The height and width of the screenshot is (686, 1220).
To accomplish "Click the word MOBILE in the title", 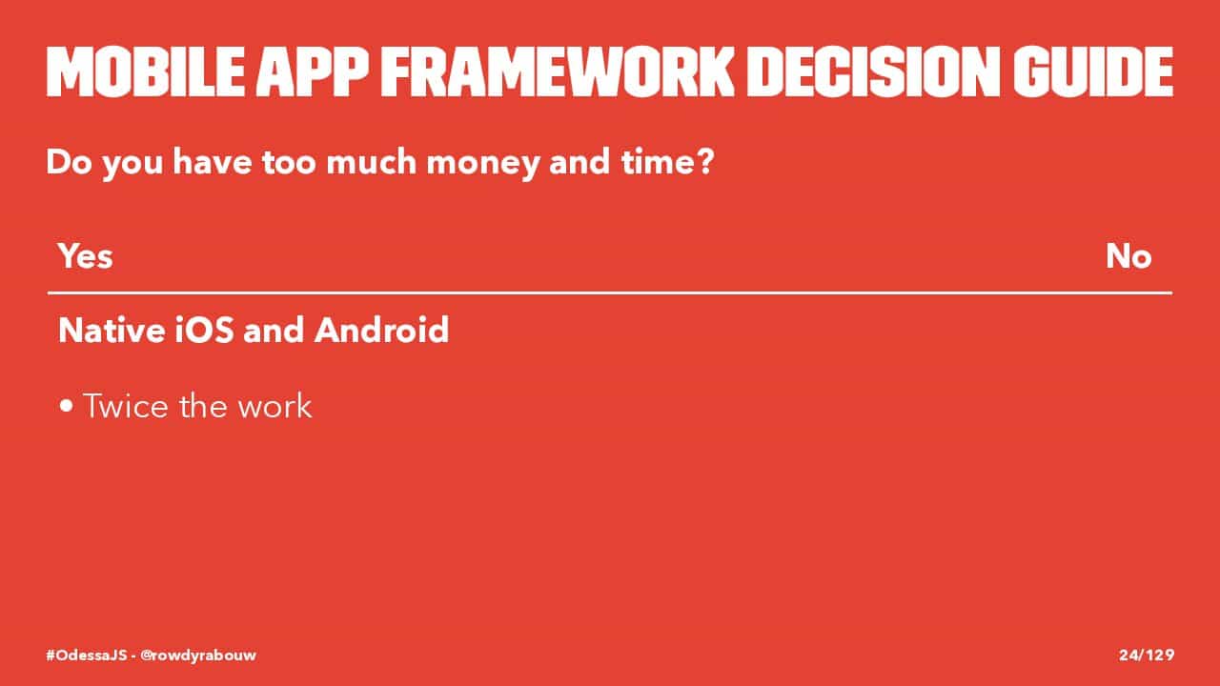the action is (146, 71).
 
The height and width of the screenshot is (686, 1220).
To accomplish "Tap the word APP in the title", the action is (313, 71).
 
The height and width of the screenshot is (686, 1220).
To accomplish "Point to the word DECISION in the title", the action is (874, 71).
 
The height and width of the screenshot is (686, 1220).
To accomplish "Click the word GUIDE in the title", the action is (1093, 71).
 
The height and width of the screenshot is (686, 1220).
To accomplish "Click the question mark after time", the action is (705, 161).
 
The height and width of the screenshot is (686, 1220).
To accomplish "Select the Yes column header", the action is (86, 256).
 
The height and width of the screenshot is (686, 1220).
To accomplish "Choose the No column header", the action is (1128, 256).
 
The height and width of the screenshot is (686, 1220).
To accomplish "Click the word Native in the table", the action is (112, 330).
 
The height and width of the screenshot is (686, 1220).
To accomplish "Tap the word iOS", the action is (204, 330).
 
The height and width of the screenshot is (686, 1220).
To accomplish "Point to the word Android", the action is (382, 330).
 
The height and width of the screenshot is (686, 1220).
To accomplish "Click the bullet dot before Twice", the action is (67, 406).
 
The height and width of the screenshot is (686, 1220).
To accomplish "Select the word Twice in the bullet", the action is (126, 406).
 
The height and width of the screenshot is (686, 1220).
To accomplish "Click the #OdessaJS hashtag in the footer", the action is (86, 655).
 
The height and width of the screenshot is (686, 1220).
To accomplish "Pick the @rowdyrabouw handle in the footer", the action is (198, 656).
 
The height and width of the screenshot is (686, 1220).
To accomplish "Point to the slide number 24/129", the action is (1147, 655).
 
